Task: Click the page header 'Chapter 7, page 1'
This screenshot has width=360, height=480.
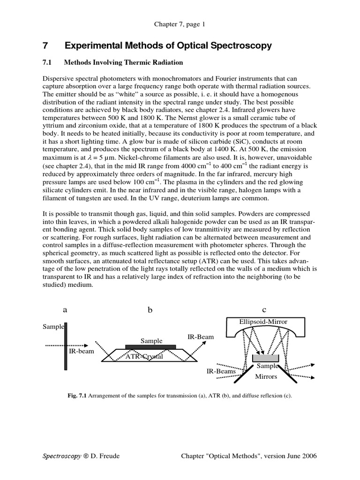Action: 180,24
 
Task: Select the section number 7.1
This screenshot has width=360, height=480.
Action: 49,62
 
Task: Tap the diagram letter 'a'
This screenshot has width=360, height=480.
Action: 65,310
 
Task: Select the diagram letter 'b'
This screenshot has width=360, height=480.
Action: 150,310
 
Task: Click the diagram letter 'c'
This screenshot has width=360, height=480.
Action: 264,310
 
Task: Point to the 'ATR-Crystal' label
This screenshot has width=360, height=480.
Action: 144,357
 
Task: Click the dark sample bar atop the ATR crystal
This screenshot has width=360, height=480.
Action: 151,347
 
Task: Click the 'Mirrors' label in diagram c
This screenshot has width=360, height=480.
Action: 265,376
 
